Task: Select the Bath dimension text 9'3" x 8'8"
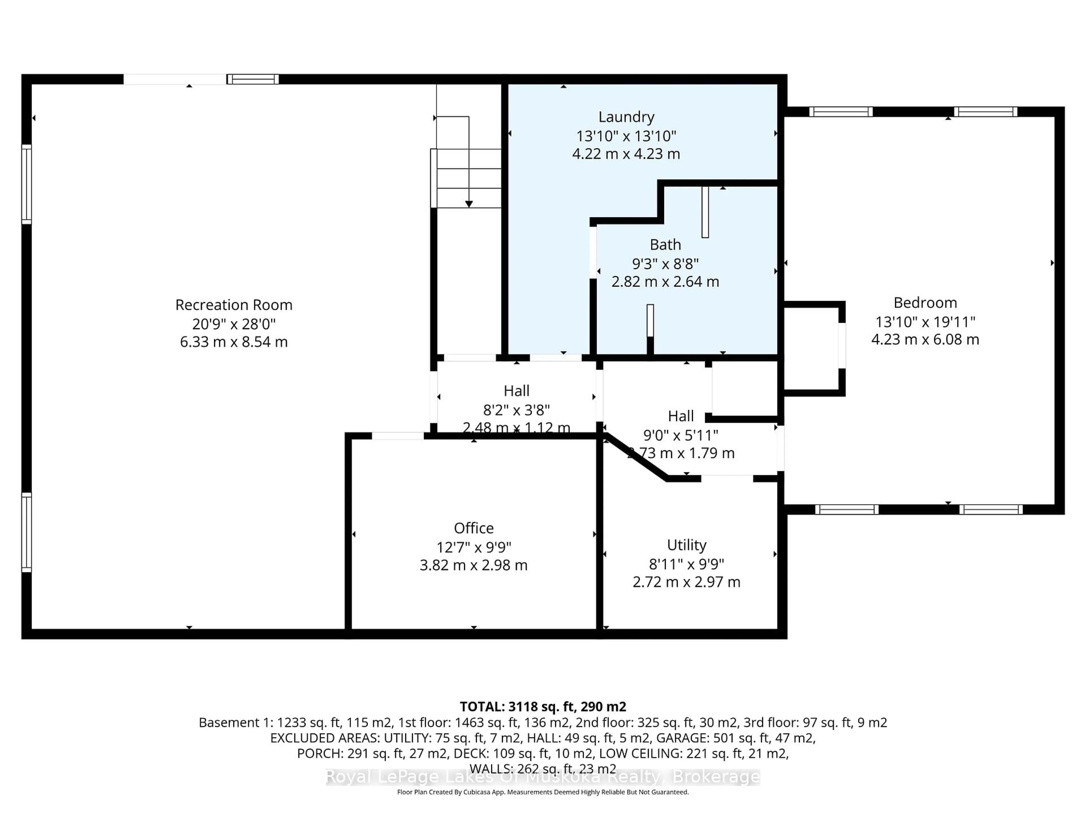(665, 264)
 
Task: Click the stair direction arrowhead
(469, 203)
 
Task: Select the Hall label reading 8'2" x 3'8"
(516, 410)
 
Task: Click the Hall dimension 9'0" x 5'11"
(680, 435)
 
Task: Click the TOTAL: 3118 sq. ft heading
(542, 707)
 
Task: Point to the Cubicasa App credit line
(542, 792)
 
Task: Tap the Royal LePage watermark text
(542, 777)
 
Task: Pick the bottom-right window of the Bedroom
(991, 509)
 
